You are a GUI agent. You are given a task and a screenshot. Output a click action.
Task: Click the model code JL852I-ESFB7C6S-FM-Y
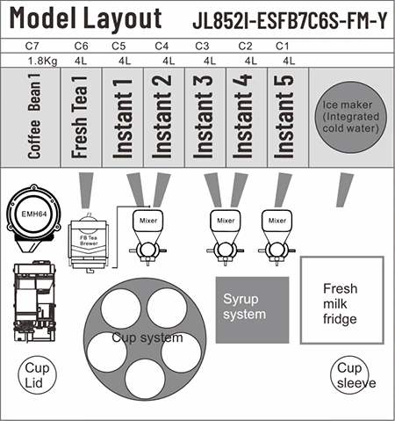(290, 20)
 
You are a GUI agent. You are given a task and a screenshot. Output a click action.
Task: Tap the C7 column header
(32, 46)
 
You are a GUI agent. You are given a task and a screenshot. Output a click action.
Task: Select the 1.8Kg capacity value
(43, 62)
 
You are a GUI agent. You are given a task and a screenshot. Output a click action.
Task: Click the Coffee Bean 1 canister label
(34, 116)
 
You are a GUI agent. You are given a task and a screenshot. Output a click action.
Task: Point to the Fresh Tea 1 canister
(81, 117)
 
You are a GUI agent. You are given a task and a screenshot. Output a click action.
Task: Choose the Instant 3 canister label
(203, 117)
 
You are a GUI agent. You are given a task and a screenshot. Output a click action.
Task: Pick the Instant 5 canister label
(284, 117)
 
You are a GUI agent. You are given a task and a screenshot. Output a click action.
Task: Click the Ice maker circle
(350, 117)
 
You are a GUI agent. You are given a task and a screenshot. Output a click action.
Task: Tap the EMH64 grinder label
(34, 214)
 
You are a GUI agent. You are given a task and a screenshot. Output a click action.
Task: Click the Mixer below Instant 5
(276, 221)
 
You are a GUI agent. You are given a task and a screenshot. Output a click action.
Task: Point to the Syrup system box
(252, 310)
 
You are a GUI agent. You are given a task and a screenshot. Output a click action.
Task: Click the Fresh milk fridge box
(342, 301)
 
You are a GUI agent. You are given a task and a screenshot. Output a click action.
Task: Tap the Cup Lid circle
(38, 375)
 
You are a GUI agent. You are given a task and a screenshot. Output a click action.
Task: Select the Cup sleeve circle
(349, 375)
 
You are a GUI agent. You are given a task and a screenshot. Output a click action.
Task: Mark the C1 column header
(282, 46)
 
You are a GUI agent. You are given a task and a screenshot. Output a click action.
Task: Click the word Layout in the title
(122, 18)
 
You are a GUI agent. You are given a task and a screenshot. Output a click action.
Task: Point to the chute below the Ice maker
(345, 190)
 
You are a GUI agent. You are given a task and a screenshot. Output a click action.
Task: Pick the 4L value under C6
(81, 61)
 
